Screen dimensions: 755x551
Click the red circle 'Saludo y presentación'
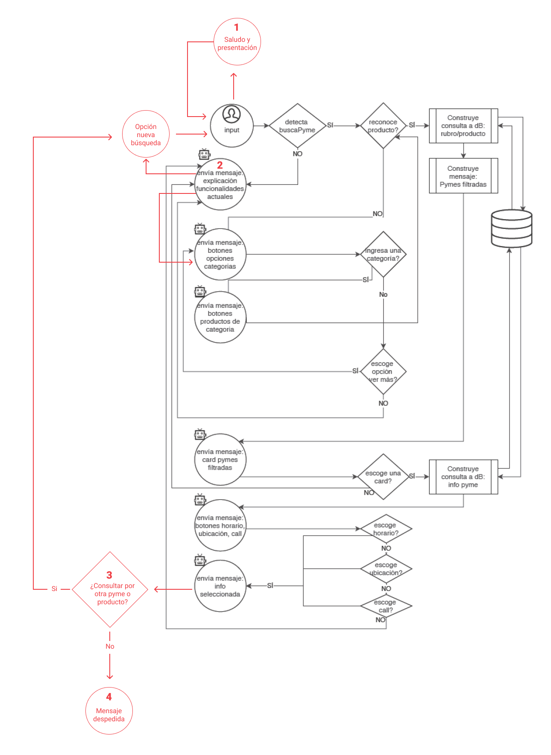237,42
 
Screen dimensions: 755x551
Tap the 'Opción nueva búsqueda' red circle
146,135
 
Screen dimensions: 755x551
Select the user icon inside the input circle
232,114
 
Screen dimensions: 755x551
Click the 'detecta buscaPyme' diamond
297,126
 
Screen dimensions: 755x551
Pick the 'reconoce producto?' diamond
383,126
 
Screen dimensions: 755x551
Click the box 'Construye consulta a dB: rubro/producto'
463,126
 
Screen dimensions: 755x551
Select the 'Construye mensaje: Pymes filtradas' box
463,176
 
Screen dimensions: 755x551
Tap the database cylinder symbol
511,228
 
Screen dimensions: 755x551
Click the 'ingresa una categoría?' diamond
383,255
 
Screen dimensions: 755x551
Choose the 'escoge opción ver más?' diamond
383,372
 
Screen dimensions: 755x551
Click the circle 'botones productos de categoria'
220,317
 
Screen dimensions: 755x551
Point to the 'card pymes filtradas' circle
220,459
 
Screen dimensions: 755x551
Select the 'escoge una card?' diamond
383,477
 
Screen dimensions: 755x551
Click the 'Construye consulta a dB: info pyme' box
463,477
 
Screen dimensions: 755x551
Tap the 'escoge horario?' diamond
386,529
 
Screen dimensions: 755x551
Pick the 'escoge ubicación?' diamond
386,569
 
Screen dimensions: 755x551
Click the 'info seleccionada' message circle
220,586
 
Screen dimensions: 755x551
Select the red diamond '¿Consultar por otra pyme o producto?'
110,590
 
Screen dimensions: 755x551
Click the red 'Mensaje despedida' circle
109,711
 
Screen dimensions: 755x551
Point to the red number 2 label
220,165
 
